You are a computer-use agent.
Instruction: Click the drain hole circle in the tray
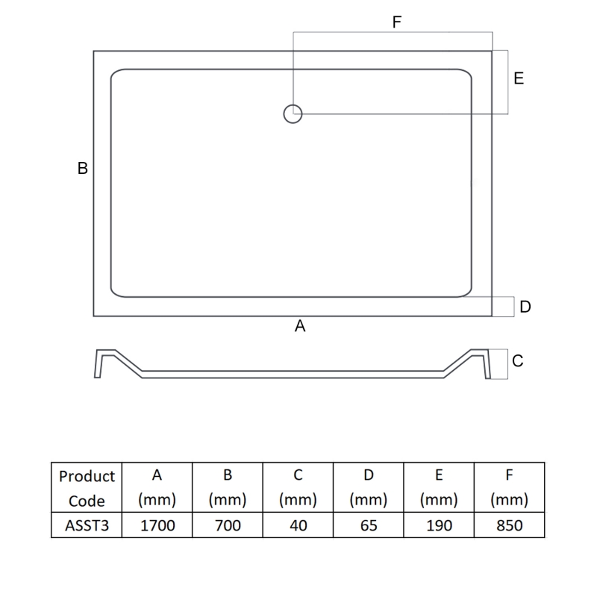click(293, 113)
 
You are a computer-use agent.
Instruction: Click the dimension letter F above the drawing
click(397, 22)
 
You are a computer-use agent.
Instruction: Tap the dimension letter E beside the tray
click(519, 78)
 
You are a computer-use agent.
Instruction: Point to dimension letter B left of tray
click(83, 169)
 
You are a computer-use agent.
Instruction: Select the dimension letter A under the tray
click(301, 326)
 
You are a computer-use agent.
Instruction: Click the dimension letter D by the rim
click(525, 306)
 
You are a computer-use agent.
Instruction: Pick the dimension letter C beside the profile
click(518, 361)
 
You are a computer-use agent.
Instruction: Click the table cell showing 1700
click(157, 525)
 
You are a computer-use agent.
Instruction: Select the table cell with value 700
click(227, 525)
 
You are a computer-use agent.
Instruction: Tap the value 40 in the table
click(298, 525)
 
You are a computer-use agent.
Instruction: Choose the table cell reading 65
click(368, 525)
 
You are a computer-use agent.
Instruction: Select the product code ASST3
click(87, 525)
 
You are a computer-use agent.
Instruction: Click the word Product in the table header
click(87, 476)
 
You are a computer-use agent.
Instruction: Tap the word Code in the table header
click(87, 501)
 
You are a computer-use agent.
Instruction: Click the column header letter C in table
click(298, 475)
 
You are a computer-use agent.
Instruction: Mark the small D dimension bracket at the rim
click(504, 307)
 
